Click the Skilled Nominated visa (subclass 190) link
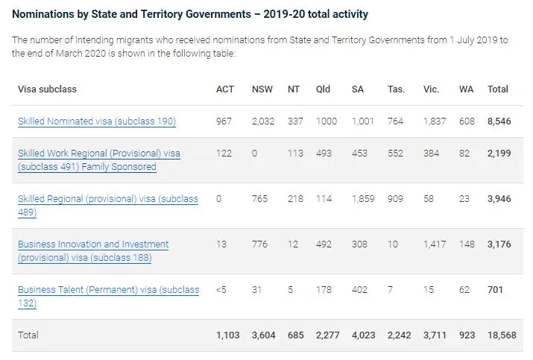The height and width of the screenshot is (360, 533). pos(96,121)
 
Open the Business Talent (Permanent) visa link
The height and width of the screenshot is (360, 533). pos(108,290)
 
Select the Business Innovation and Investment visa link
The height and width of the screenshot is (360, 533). pos(92,244)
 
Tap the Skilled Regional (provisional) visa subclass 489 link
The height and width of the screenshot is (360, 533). pos(107,199)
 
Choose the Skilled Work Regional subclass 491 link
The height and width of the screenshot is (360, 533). pos(98,154)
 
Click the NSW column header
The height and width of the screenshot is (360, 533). pos(262,89)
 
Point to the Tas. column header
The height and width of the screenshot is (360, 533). pos(396,89)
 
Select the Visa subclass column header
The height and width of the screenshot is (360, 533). pos(47,89)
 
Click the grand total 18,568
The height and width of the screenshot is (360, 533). pos(502,336)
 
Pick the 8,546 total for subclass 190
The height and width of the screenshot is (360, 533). pos(500,121)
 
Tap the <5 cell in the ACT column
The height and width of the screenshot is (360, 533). pos(221,290)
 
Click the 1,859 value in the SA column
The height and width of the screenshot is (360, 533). pos(363,199)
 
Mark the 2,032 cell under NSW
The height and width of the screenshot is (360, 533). pos(264,121)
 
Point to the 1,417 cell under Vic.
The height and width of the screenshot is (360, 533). pos(435,244)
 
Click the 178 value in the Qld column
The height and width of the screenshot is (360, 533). pos(323,290)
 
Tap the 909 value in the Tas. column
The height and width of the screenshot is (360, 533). pos(395,199)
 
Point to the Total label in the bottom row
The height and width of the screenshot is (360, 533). pos(29,336)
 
